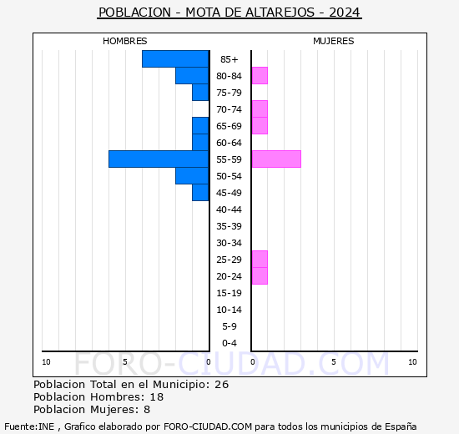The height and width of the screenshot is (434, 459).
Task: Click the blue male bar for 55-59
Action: [159, 159]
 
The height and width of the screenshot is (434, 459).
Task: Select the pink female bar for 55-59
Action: [275, 159]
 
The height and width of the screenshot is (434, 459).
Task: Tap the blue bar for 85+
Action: [175, 58]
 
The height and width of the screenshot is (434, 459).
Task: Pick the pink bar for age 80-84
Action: [260, 75]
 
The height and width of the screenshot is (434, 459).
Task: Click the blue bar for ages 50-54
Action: [192, 175]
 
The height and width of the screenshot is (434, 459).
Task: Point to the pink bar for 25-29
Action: [260, 259]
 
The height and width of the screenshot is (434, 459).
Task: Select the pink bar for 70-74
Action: [260, 108]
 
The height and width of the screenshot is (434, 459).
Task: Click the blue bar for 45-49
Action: [200, 192]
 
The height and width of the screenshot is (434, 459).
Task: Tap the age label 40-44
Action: [229, 209]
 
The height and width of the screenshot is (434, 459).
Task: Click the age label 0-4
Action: [229, 343]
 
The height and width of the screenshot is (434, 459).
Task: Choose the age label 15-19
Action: [229, 293]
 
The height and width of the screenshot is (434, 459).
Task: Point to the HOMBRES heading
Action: [124, 41]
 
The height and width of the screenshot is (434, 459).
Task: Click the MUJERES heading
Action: [333, 41]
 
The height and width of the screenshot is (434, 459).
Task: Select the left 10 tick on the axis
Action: [46, 361]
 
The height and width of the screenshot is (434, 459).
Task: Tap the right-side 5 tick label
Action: [333, 361]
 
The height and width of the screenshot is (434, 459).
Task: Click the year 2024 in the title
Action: [345, 13]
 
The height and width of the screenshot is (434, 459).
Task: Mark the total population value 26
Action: [221, 385]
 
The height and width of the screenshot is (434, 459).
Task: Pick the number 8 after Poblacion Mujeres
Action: [147, 410]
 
